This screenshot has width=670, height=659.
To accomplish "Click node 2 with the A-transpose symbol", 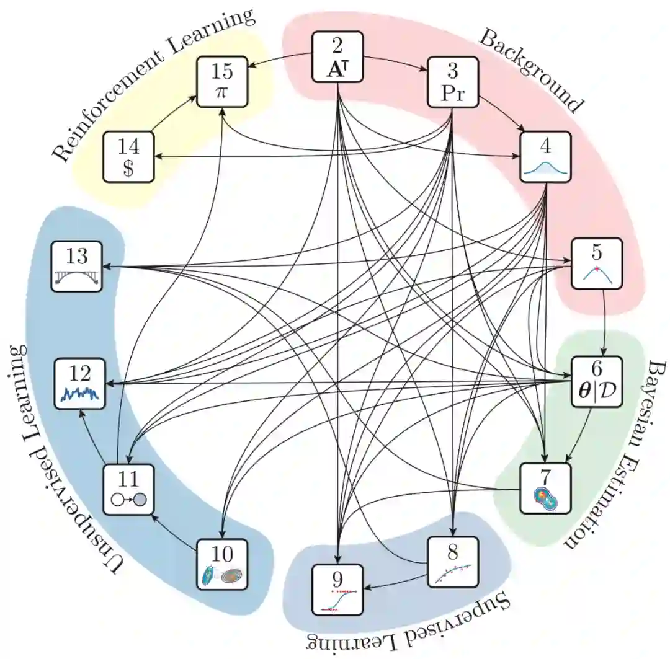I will (x=337, y=58).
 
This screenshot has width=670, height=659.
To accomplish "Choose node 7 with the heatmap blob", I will (x=544, y=489).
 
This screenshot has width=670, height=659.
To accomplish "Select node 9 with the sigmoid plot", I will (x=337, y=590).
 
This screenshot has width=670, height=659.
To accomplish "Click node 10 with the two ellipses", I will (x=222, y=563).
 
